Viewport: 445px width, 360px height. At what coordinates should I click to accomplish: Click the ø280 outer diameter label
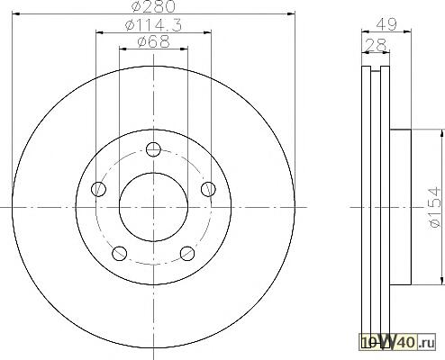click(x=153, y=6)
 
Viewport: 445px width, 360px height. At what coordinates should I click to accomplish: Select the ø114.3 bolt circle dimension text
click(x=153, y=25)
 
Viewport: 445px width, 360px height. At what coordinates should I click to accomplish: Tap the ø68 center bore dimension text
click(x=153, y=41)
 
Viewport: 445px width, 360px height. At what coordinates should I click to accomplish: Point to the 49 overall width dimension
click(x=386, y=24)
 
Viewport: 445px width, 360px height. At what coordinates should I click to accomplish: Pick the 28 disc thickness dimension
click(x=376, y=45)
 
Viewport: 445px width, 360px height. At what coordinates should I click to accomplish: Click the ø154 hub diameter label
click(x=435, y=207)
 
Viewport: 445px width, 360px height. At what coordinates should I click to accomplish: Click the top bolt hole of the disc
click(x=153, y=149)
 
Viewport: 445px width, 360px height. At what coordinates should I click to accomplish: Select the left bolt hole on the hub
click(x=98, y=189)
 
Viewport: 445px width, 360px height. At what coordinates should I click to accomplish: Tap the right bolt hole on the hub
click(x=208, y=189)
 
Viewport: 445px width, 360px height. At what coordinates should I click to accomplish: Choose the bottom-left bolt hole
click(x=119, y=254)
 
